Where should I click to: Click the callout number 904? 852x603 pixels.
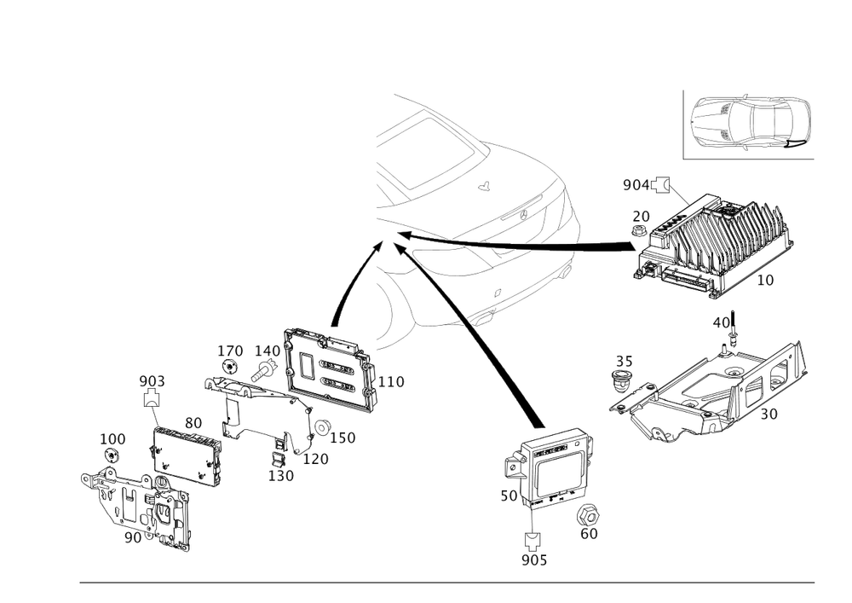pos(636,185)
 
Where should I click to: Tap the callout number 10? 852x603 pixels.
pos(765,281)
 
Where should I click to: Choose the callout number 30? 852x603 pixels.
pos(769,415)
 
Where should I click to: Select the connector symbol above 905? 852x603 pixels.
pos(533,542)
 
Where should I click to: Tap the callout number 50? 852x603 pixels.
pos(509,496)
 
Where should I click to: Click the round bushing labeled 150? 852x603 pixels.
pos(322,427)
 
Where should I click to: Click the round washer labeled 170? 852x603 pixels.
pos(228,368)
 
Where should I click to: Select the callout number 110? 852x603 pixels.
pos(391,382)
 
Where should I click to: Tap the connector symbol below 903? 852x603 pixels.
pos(153,399)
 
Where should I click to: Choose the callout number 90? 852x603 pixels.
pos(133,537)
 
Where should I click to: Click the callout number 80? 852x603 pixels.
pos(193,423)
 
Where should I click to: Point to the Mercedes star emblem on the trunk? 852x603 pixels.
pos(523,214)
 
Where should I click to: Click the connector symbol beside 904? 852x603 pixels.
pos(660,185)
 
